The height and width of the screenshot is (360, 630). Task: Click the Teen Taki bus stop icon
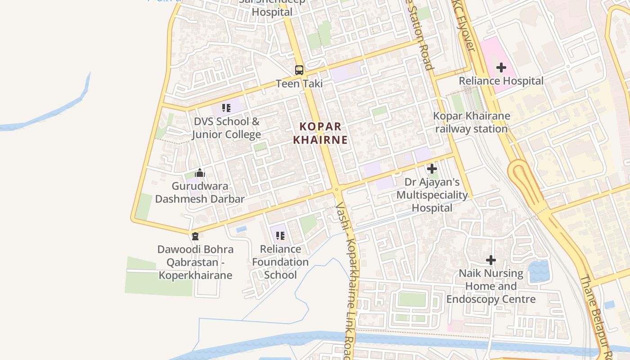point(299,70)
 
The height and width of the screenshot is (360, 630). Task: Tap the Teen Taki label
point(299,84)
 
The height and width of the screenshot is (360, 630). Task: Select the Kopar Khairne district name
point(320,133)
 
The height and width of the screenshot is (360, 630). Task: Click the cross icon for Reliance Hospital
point(501,68)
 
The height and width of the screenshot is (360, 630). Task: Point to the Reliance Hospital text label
point(501,81)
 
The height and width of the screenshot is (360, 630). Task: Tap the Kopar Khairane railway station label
point(471,122)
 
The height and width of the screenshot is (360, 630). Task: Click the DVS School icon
point(226,108)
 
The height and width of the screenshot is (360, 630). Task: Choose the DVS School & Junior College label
point(226,128)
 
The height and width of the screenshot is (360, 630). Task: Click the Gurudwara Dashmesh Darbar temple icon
point(200,173)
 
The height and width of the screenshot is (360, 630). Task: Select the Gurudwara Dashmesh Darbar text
point(200,193)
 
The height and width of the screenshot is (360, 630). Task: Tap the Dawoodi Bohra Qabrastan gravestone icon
point(195,236)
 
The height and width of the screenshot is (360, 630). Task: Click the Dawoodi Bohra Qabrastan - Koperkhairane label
point(195,262)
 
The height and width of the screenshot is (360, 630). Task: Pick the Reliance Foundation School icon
point(280,236)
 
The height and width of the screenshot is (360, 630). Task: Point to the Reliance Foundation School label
point(280,262)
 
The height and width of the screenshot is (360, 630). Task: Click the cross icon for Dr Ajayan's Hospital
point(432,169)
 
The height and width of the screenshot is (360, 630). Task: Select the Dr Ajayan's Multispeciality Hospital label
point(432,195)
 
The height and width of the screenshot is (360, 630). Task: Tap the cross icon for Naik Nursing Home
point(491,260)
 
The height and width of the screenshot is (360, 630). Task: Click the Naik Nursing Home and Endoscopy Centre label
point(491,286)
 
